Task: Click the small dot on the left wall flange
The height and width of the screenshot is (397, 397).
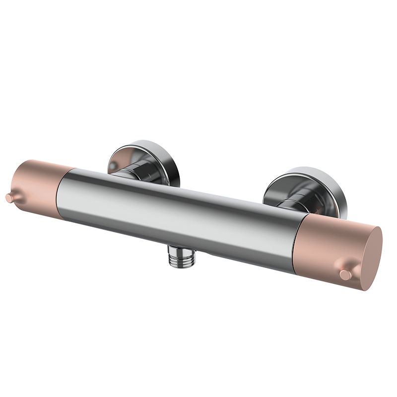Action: [x=115, y=164]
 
